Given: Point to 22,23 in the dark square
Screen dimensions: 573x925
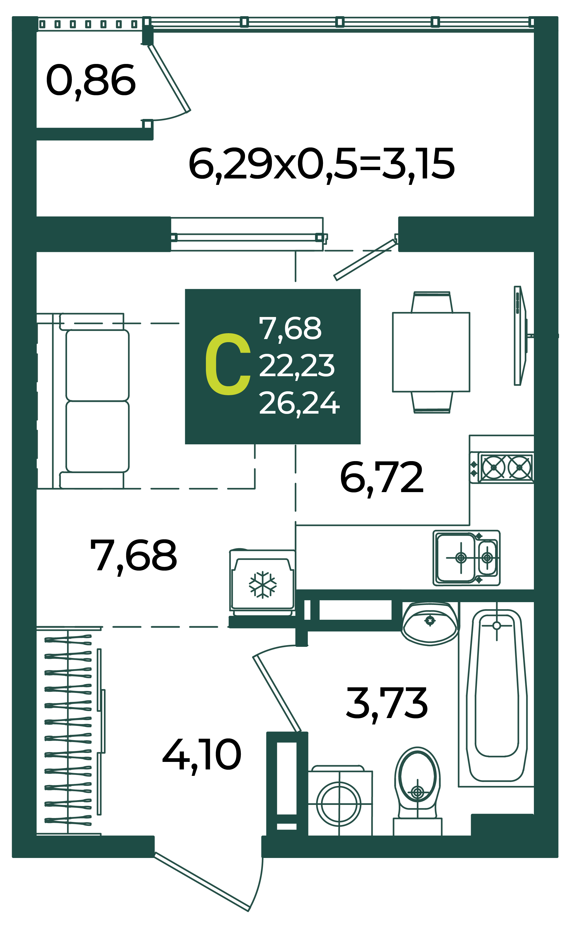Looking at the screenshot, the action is [x=297, y=366].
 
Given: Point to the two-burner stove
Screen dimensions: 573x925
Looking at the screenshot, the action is [x=502, y=468].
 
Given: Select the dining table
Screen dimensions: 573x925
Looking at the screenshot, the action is [x=431, y=352].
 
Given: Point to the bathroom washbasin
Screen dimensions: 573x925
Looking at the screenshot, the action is [x=430, y=624].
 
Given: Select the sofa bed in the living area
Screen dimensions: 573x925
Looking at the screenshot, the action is [x=91, y=401].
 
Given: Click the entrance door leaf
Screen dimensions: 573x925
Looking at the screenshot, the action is [x=202, y=881].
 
